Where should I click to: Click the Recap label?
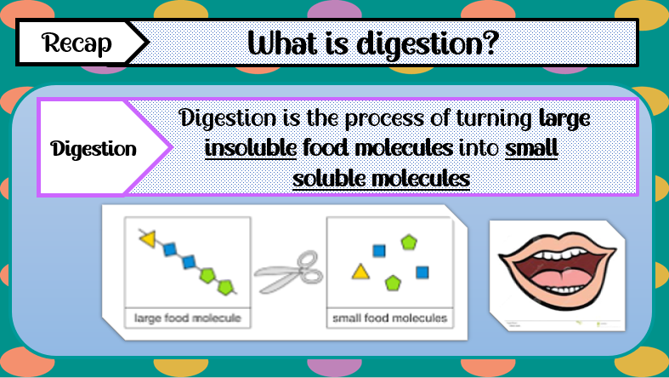[x=77, y=43]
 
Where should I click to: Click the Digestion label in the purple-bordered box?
[x=94, y=149]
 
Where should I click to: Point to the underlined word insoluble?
[x=251, y=148]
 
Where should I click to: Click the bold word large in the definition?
[x=564, y=117]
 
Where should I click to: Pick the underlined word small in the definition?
[x=531, y=148]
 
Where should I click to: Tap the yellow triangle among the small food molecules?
[x=361, y=272]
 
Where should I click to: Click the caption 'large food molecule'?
[x=187, y=319]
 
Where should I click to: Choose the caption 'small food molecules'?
[x=389, y=319]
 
